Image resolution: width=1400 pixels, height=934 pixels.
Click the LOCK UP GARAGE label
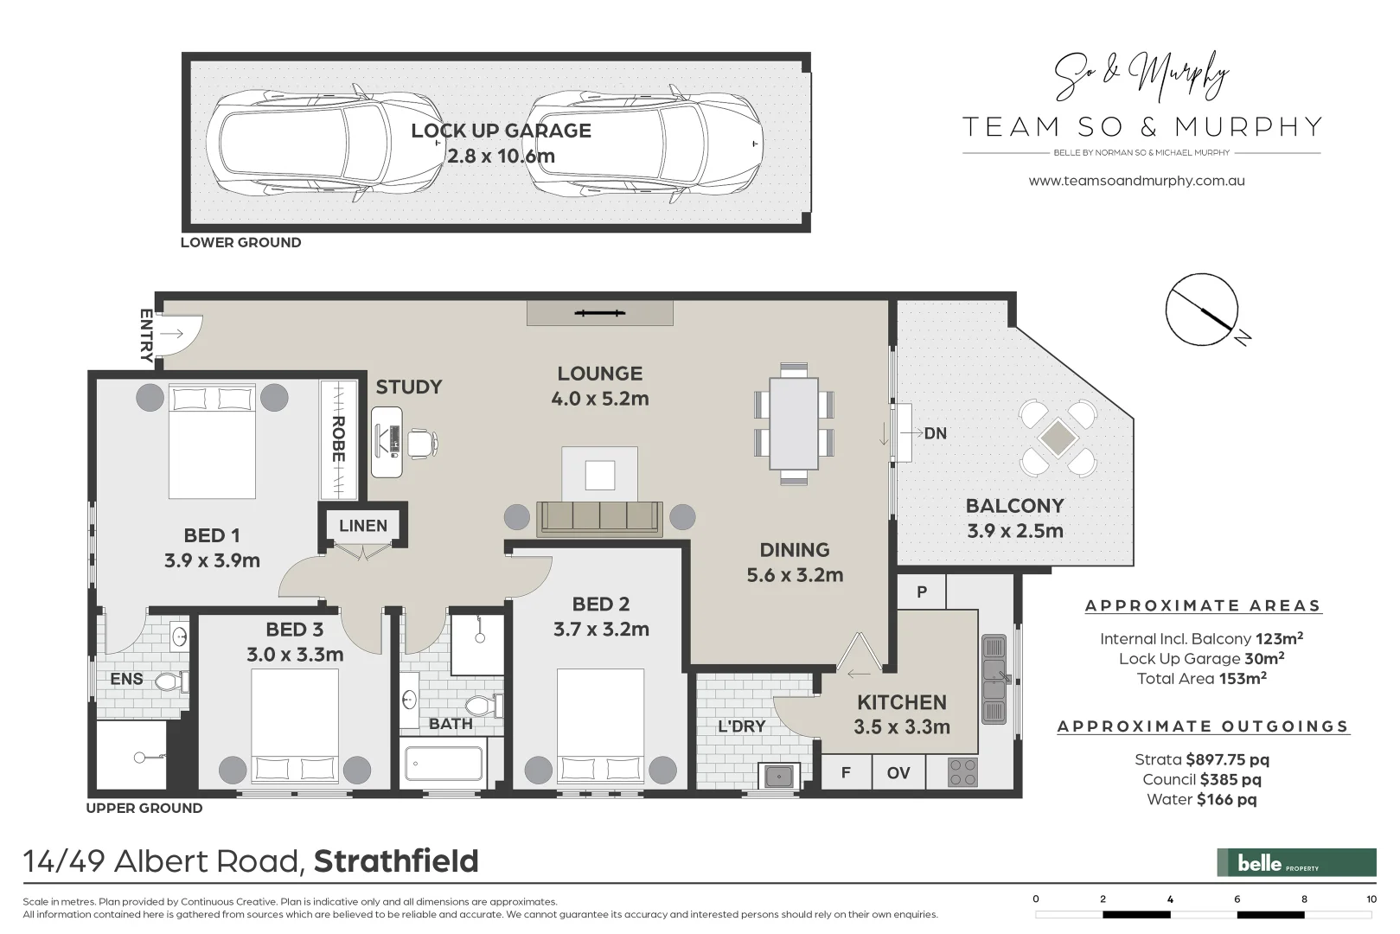501,131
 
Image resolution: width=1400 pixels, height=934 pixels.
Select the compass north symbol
1202,310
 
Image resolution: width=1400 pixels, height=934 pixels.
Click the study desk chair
422,442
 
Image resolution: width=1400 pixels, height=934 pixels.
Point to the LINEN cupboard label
362,525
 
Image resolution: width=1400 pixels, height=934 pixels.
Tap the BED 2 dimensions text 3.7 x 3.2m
601,629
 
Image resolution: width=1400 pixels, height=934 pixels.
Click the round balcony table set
1057,438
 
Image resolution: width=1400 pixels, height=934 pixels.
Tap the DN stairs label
935,433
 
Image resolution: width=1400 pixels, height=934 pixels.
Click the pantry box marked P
922,592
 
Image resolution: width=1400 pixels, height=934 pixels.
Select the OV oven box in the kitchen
898,772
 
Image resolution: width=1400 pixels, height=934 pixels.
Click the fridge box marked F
846,772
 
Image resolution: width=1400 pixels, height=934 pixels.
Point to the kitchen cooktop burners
962,772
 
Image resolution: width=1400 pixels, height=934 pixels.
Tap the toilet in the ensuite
170,682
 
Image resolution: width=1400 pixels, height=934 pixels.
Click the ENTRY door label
146,335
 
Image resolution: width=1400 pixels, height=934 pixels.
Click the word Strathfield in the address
396,861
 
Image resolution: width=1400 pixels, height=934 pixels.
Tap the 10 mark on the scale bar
1371,899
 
